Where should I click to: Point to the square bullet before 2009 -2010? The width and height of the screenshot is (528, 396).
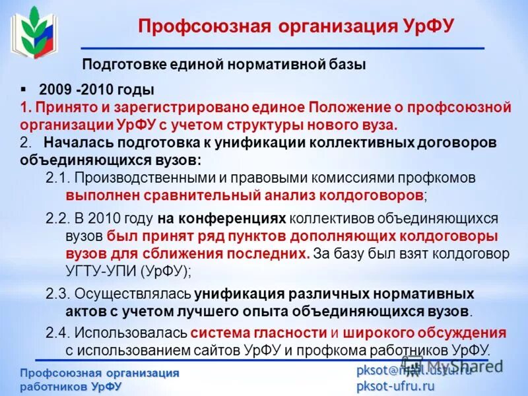coord(24,88)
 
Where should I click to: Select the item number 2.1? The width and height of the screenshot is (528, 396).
coord(57,178)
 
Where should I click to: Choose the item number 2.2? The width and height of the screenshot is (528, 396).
coord(57,218)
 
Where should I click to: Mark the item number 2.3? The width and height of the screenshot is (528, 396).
coord(57,294)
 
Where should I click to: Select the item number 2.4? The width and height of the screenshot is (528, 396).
coord(57,333)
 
